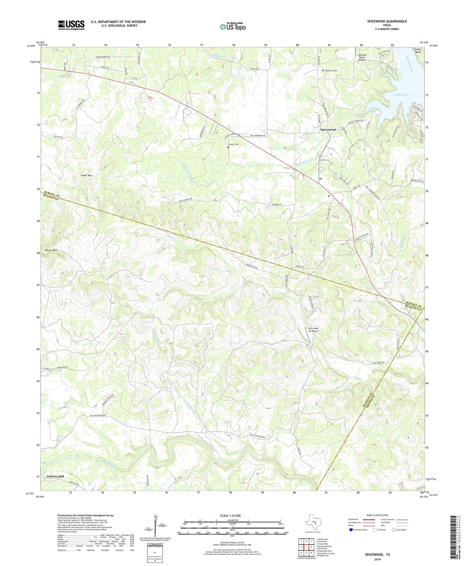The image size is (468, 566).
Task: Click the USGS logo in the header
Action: (x=71, y=25)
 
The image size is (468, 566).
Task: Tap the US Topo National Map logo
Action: (x=232, y=27)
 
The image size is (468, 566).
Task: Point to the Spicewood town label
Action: (x=328, y=130)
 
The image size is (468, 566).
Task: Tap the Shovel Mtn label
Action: (x=51, y=250)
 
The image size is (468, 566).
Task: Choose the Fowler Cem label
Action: (x=233, y=144)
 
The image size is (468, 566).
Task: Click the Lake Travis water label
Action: (x=402, y=95)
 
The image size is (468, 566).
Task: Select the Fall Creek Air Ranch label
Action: (x=313, y=330)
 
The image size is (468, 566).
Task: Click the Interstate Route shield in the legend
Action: (x=351, y=530)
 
